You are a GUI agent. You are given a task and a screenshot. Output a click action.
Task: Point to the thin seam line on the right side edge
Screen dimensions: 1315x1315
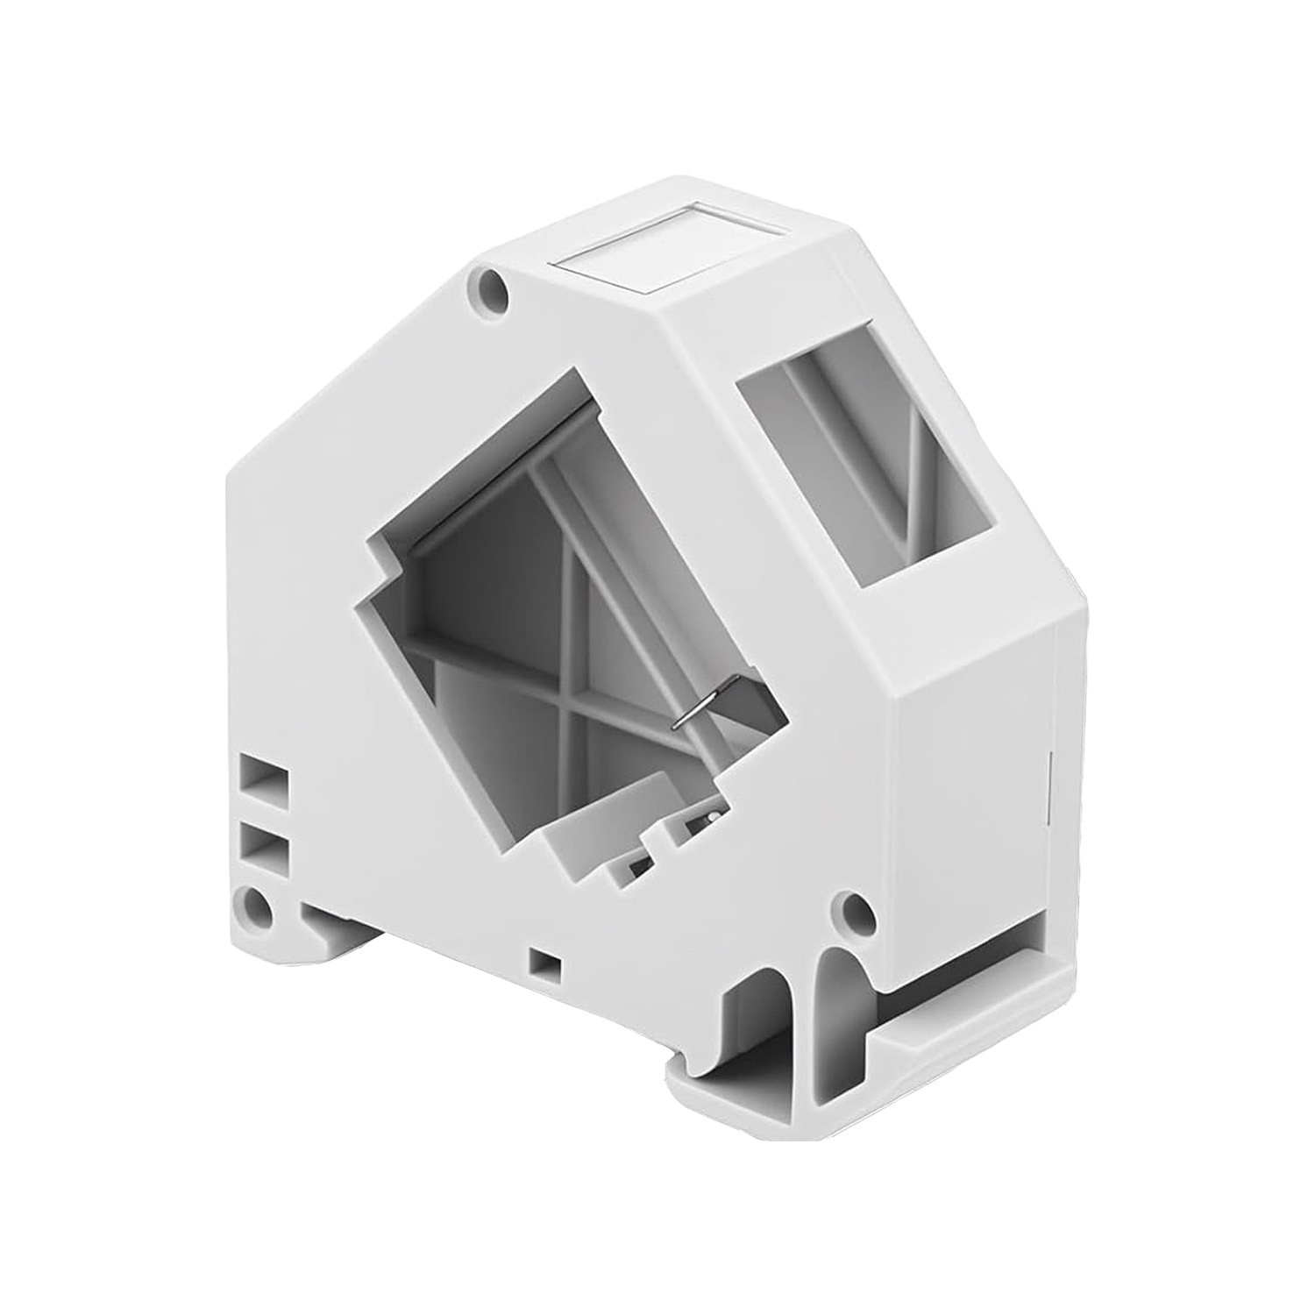click(1052, 789)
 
